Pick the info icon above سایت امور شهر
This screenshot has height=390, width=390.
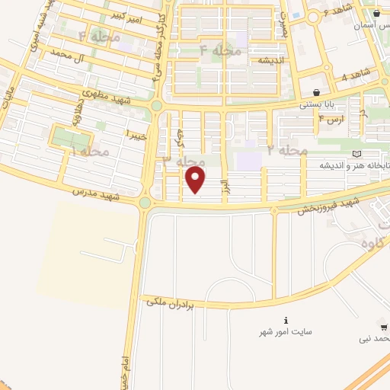pyautogui.click(x=286, y=320)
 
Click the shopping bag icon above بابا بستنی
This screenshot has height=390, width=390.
pyautogui.click(x=316, y=93)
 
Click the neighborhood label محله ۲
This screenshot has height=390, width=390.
pyautogui.click(x=288, y=150)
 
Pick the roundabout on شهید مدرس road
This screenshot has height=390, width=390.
pyautogui.click(x=145, y=203)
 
